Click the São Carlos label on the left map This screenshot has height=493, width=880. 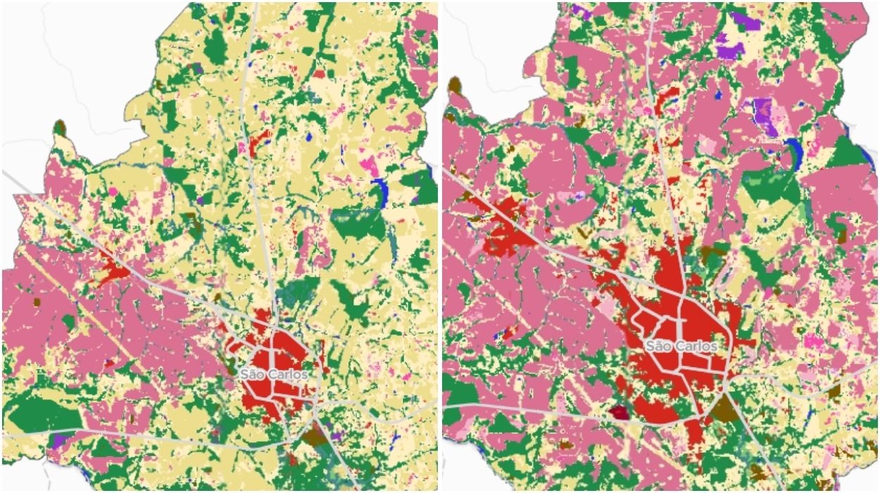[x=273, y=374]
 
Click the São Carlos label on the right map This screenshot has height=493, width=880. [x=681, y=346]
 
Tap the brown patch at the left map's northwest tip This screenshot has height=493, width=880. [x=59, y=127]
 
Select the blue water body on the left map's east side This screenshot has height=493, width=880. [x=381, y=190]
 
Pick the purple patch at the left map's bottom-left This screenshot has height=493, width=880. [x=59, y=441]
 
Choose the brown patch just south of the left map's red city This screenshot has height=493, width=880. [x=315, y=436]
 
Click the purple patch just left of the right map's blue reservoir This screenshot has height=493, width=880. [x=765, y=116]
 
